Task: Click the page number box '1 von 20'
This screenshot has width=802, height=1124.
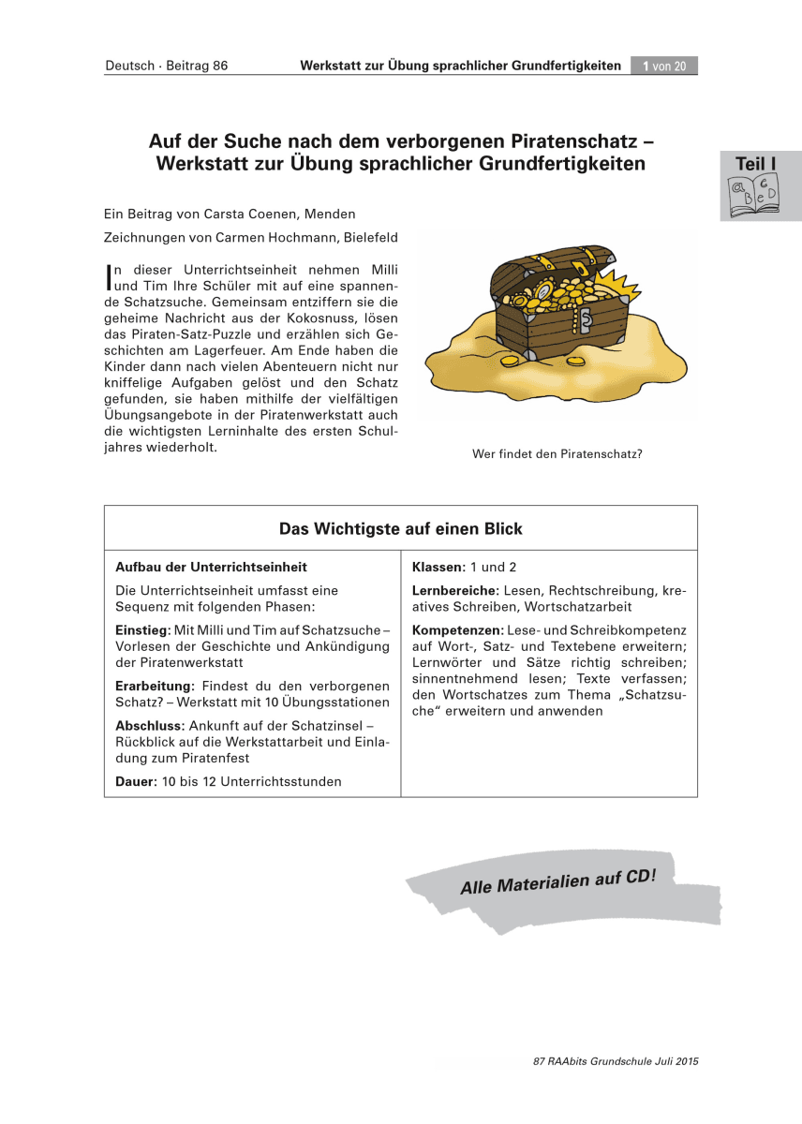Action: point(664,66)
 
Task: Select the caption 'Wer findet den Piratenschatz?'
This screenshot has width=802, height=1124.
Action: point(557,455)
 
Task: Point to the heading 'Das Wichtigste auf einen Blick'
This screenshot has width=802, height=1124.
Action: point(401,529)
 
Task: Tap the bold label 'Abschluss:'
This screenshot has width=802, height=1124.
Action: point(150,726)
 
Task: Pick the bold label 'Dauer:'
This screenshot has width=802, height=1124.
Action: point(136,781)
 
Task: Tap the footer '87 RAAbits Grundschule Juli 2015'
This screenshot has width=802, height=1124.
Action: point(616,1061)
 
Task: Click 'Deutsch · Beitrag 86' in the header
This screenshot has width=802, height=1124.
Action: point(167,66)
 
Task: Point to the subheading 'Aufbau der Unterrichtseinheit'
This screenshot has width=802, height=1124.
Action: point(211,567)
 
